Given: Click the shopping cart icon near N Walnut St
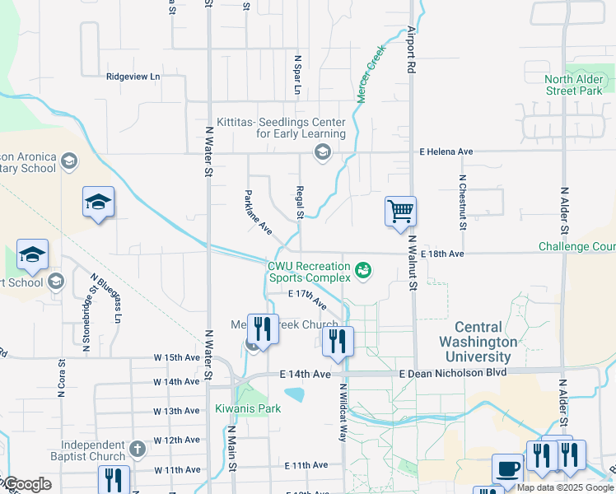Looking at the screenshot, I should [400, 211].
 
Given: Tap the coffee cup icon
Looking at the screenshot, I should [507, 469].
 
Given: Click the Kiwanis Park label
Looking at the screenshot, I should [248, 408].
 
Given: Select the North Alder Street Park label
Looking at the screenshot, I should [574, 85].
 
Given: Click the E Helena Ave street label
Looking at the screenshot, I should [446, 151].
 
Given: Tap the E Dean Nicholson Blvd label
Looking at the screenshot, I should [453, 374].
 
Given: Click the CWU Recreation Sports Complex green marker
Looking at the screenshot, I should [362, 269].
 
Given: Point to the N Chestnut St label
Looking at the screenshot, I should [464, 202].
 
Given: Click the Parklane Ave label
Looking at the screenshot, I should [258, 212].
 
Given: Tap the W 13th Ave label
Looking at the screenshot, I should [177, 410].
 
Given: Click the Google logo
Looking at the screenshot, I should [26, 485].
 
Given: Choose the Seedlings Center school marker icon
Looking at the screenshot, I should [322, 151].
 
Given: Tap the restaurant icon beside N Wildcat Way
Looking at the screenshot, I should [338, 341].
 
